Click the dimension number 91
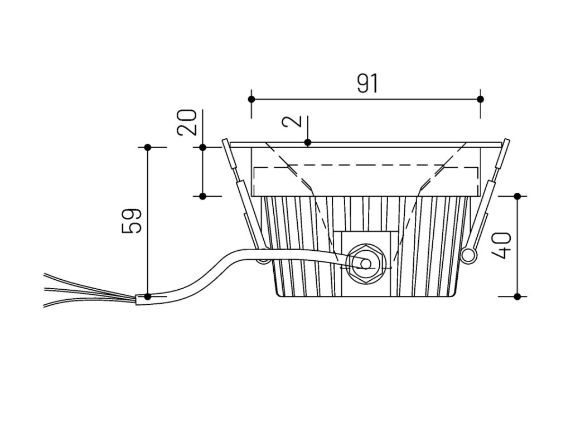[x=367, y=84]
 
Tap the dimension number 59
[x=132, y=221]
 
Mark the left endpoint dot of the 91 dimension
[x=251, y=99]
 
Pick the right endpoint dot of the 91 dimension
[x=481, y=99]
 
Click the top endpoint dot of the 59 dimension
[x=148, y=147]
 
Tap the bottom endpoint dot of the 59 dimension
[x=148, y=296]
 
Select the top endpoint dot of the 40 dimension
[x=517, y=196]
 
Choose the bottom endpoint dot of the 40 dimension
[x=517, y=296]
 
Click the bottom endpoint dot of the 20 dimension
[x=203, y=196]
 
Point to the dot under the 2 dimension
[x=308, y=143]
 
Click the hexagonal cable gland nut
[x=365, y=262]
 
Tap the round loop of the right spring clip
[x=469, y=255]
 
